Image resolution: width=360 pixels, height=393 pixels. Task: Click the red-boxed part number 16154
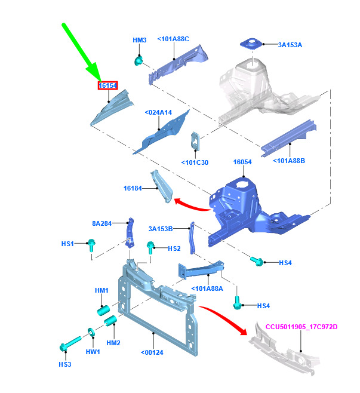107,85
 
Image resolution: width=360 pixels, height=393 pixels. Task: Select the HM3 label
140,40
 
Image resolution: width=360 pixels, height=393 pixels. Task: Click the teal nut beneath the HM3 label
139,61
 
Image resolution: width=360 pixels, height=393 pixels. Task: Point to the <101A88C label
173,39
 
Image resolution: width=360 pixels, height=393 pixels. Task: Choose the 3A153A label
290,45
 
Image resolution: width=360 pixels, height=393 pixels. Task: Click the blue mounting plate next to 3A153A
251,44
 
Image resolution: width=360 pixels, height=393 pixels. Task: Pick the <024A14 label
158,112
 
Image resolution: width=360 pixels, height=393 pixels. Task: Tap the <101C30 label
195,162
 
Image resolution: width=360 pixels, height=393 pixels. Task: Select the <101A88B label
289,161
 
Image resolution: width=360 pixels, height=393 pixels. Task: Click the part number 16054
242,162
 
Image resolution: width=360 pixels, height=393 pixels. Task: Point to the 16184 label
133,188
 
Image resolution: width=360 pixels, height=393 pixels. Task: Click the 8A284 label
101,223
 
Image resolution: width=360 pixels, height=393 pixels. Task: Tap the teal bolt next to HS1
91,245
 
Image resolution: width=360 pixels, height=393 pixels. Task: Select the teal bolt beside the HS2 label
150,247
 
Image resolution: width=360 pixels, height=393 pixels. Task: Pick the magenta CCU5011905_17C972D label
301,327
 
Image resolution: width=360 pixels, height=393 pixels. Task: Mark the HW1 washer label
93,352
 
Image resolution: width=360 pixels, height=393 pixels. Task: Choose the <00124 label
152,352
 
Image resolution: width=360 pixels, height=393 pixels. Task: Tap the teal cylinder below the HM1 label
104,310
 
